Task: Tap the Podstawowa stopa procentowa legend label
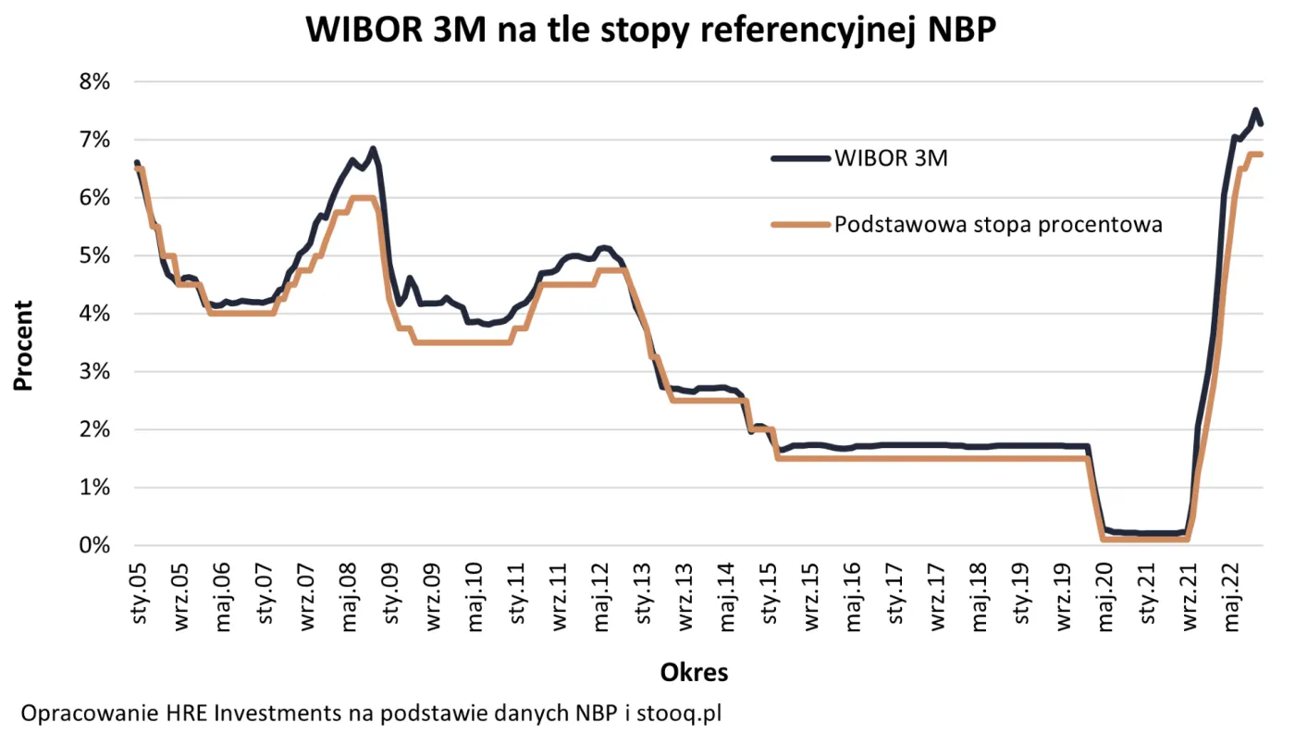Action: point(998,224)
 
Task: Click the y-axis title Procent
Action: point(23,345)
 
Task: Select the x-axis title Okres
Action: point(694,673)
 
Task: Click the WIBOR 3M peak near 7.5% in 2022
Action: point(1255,111)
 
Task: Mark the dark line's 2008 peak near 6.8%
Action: point(372,149)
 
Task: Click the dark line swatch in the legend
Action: point(800,158)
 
